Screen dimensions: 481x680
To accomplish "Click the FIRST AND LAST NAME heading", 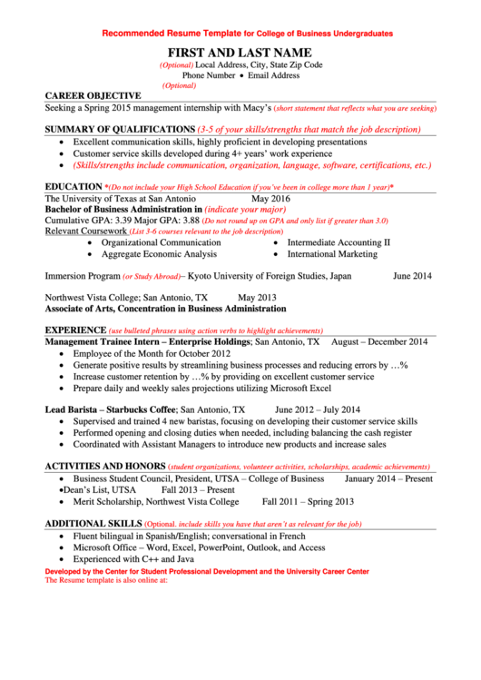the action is [240, 53].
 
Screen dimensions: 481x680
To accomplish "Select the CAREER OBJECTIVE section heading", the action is [93, 95].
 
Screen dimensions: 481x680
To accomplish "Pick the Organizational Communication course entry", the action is [161, 242].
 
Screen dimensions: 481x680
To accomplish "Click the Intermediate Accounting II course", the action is [339, 242].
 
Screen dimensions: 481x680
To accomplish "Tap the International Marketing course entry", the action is [332, 254].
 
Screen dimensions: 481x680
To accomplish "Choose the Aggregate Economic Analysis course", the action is [159, 254].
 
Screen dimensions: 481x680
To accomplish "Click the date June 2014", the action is [412, 275].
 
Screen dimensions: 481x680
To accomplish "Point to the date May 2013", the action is [257, 297].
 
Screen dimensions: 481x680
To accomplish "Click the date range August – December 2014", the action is [379, 342].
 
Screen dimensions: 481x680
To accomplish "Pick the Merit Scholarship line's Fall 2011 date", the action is [283, 501].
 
